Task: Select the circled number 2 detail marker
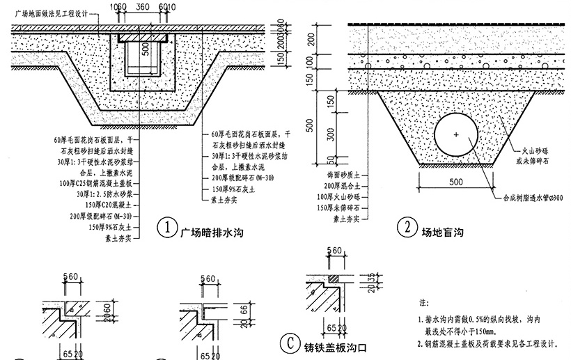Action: coord(406,228)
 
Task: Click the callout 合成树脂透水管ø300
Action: coord(532,197)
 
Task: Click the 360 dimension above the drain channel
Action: coord(144,6)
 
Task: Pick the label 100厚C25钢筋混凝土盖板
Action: coord(98,183)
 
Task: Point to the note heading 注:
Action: coord(423,304)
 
